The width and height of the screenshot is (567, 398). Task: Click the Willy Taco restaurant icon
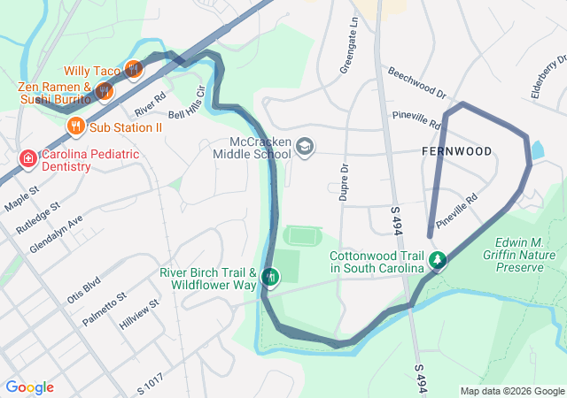click(134, 68)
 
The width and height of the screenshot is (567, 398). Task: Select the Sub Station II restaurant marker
click(75, 126)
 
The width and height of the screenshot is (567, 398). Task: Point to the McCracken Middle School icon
click(305, 146)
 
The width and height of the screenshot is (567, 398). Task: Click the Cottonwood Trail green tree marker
click(437, 260)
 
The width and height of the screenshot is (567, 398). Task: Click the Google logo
click(30, 387)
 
